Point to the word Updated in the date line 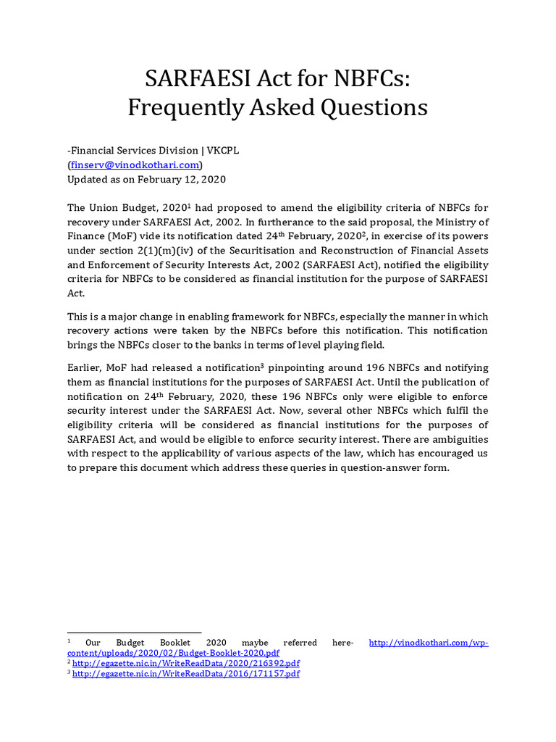(x=88, y=179)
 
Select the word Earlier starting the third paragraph (x=88, y=368)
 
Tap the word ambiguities (x=455, y=440)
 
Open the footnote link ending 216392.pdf (x=186, y=663)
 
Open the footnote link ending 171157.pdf (x=186, y=674)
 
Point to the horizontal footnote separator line (x=134, y=633)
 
